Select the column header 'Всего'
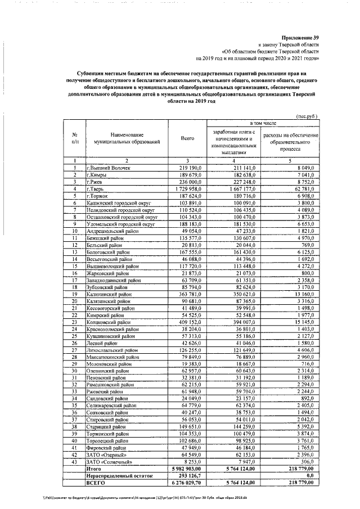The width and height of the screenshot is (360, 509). point(187,138)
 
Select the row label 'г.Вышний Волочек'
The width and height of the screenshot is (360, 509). point(108,168)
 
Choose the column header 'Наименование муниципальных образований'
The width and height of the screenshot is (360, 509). point(127,139)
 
